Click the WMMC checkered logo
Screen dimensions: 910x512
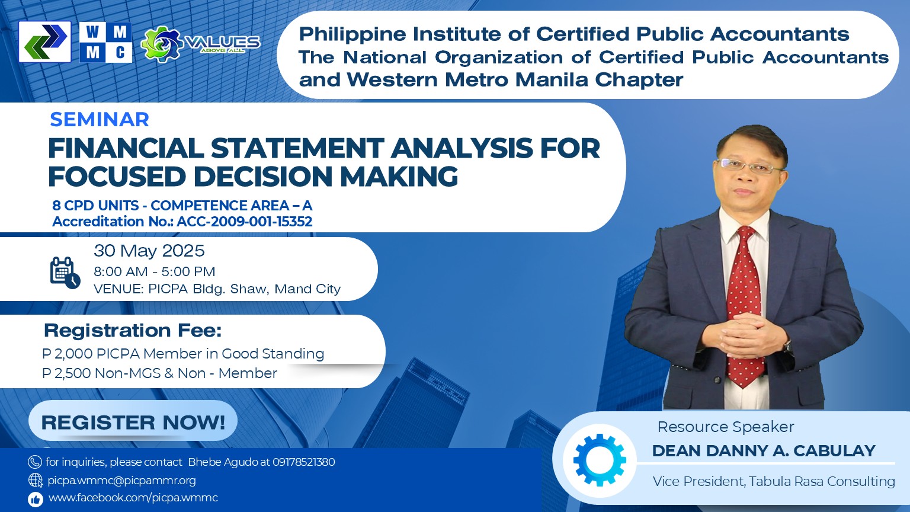pos(105,42)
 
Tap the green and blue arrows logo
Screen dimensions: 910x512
pos(44,41)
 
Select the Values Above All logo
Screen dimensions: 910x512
pos(200,44)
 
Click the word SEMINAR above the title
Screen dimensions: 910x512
pos(100,120)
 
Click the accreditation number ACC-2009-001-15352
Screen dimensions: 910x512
pos(245,222)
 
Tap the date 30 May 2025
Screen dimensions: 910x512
pos(149,251)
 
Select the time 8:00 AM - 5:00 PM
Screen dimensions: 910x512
pos(155,271)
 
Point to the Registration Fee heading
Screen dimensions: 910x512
pos(133,330)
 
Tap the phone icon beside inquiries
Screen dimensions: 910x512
pos(35,462)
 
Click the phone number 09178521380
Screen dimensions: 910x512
pos(304,462)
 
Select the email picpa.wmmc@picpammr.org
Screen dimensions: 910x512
pos(121,481)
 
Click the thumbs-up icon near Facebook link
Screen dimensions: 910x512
pos(36,500)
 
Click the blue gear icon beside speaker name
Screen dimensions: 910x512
pos(600,460)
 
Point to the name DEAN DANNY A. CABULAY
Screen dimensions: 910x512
pos(764,451)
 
